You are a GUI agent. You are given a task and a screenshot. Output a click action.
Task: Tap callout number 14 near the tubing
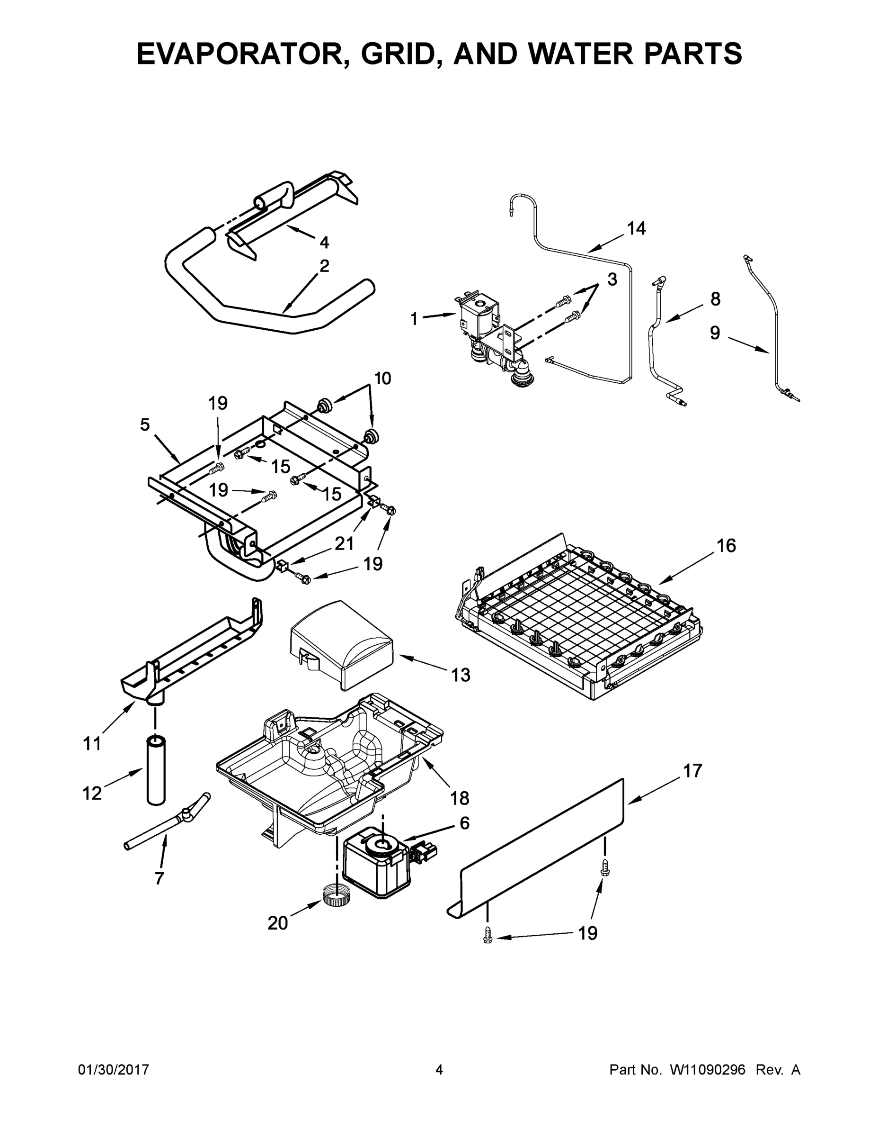636,228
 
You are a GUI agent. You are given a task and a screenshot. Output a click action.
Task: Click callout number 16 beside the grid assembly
727,546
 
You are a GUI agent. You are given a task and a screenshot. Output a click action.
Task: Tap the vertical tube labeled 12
155,770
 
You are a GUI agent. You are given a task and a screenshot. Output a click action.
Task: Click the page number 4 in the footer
439,1069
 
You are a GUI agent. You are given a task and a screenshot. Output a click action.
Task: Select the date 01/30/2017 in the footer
114,1070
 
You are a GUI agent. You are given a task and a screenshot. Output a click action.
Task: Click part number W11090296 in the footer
708,1070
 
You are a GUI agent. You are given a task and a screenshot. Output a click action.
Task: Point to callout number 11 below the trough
92,744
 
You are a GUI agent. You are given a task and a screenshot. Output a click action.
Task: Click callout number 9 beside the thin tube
715,333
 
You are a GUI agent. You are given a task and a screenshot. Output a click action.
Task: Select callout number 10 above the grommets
382,378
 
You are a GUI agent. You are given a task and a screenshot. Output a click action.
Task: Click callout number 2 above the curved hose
324,266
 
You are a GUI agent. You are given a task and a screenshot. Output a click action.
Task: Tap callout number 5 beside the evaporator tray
145,425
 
